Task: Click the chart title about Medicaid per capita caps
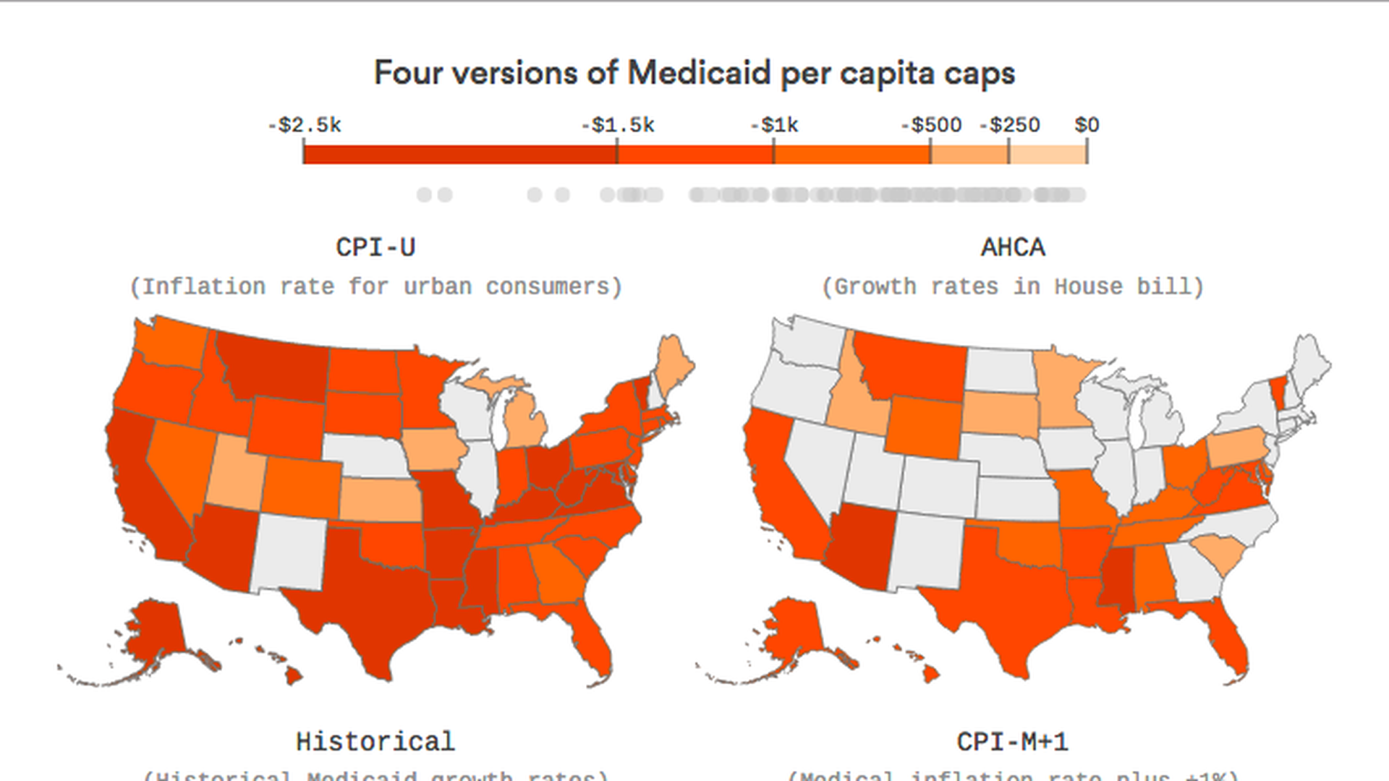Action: click(694, 74)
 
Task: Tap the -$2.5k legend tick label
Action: click(305, 126)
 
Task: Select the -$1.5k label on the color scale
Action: click(618, 126)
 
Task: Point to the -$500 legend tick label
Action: click(931, 126)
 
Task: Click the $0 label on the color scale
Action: click(1087, 126)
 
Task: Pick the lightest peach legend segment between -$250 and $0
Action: click(1048, 153)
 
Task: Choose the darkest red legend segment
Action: click(460, 153)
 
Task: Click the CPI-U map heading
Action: click(375, 248)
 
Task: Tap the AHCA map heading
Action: click(1013, 248)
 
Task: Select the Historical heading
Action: click(375, 742)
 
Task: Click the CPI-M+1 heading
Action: click(1013, 742)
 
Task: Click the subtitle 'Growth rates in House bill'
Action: click(1013, 287)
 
